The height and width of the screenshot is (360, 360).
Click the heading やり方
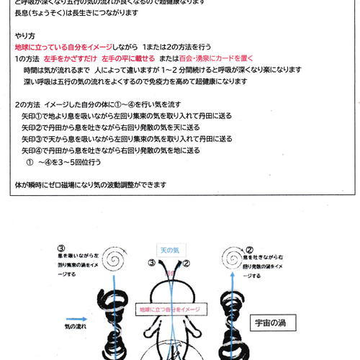24,35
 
